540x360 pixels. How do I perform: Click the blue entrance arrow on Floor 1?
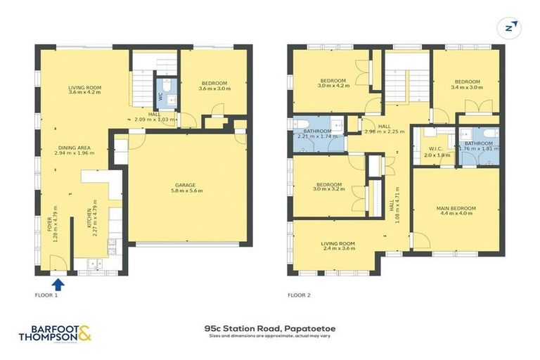click(58, 284)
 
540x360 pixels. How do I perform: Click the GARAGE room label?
click(185, 184)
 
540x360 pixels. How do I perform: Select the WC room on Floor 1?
click(160, 96)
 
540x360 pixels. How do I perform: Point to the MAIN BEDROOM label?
click(456, 208)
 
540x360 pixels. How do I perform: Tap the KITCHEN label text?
click(89, 220)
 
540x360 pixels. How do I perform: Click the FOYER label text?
click(51, 224)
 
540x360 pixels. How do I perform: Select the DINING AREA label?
click(79, 149)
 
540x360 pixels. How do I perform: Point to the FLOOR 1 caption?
click(46, 295)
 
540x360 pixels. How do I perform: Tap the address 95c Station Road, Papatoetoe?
click(269, 328)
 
